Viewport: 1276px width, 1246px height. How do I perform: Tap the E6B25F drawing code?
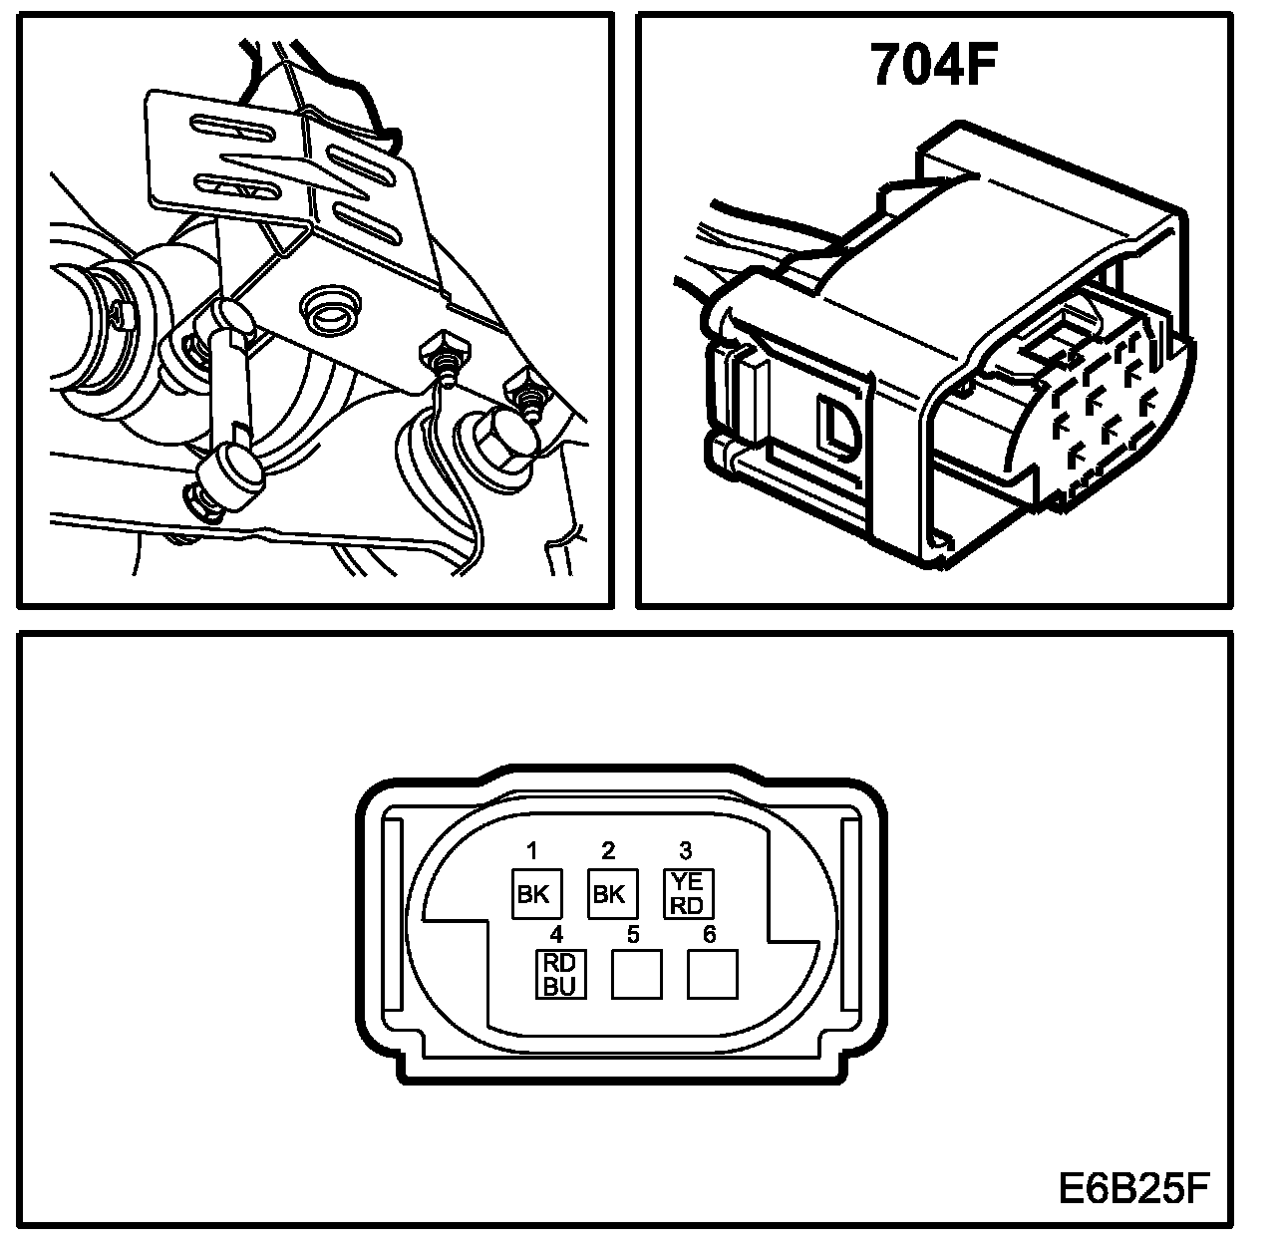coord(1133,1188)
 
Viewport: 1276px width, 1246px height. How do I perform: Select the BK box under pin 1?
coord(534,894)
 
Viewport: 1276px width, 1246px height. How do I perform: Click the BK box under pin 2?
coord(608,894)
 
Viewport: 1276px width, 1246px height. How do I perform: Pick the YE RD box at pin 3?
coord(689,892)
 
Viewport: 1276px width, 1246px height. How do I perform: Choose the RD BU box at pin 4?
coord(560,974)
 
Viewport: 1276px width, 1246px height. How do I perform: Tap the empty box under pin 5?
coord(636,974)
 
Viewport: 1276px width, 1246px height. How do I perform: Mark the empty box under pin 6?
coord(712,974)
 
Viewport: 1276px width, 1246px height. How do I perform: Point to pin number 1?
coord(532,850)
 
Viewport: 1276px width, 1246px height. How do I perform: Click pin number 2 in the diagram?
coord(608,850)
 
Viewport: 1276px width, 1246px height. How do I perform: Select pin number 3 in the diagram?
coord(686,850)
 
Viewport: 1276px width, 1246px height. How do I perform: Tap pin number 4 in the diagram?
coord(557,934)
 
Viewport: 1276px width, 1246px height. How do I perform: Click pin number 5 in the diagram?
coord(633,934)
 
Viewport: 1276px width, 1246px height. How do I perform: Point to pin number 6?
coord(709,934)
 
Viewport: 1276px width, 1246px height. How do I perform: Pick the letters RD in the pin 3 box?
coord(689,904)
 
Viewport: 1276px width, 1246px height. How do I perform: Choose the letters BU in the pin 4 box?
coord(560,986)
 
